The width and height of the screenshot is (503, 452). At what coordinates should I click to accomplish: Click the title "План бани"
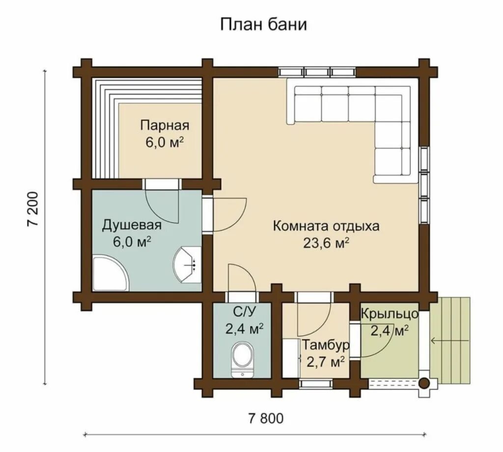(x=263, y=25)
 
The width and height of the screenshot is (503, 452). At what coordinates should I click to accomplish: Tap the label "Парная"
(x=165, y=125)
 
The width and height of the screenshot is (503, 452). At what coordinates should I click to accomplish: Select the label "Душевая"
(x=132, y=225)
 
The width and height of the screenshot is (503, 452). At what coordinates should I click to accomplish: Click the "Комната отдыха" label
(x=326, y=226)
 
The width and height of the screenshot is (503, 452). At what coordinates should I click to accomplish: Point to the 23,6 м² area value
(x=326, y=243)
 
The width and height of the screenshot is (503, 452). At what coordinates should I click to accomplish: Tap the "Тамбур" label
(x=326, y=345)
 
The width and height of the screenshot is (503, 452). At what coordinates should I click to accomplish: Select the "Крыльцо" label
(x=390, y=313)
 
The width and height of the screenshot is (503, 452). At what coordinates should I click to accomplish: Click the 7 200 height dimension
(x=33, y=209)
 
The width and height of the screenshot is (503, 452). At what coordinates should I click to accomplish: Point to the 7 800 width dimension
(x=266, y=418)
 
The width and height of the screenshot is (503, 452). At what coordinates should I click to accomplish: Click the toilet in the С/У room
(x=243, y=360)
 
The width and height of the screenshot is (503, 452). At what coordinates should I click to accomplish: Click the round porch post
(x=424, y=384)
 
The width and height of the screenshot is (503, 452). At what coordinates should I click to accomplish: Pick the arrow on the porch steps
(x=450, y=340)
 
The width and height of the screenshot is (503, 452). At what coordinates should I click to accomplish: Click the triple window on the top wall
(x=317, y=72)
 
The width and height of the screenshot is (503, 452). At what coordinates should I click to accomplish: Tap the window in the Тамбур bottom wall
(x=315, y=384)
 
